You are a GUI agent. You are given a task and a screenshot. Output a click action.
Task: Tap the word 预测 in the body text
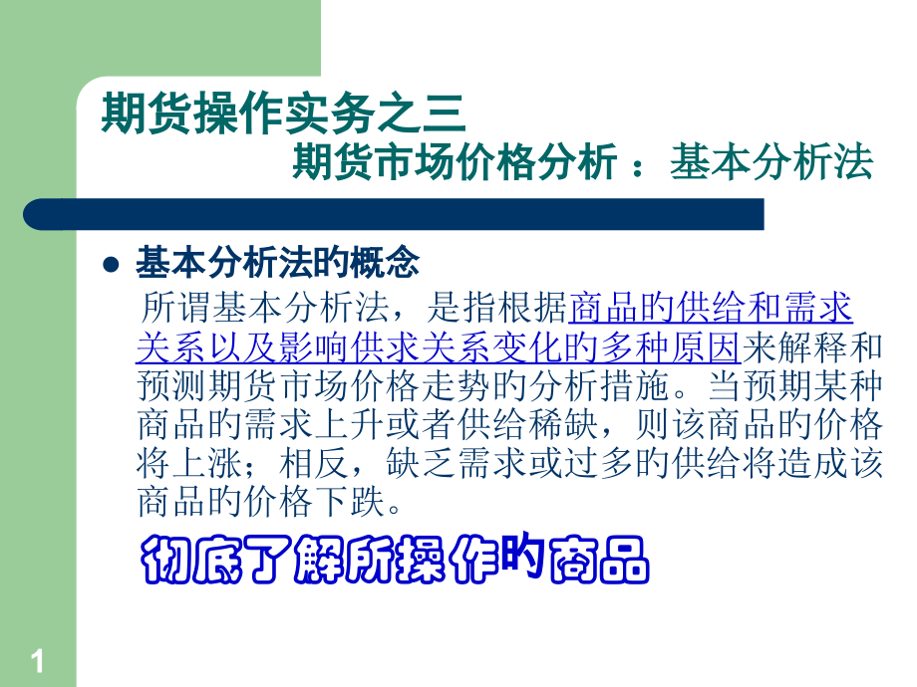164,387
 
